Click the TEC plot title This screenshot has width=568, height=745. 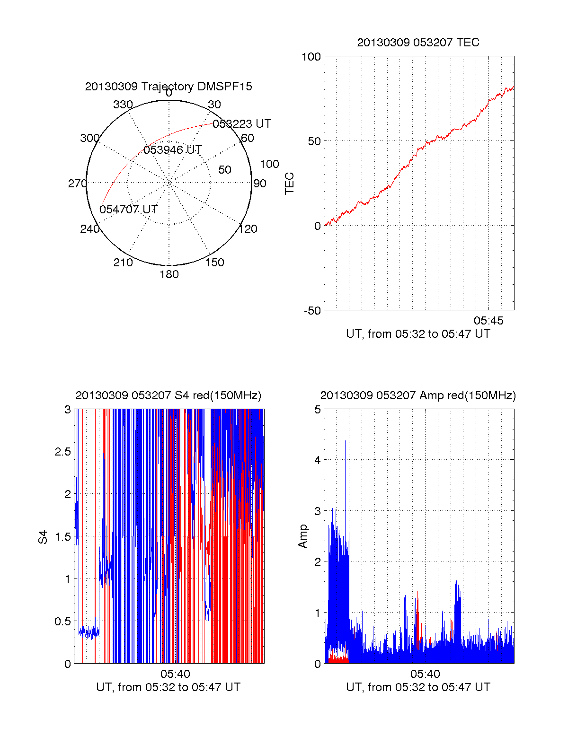coord(418,43)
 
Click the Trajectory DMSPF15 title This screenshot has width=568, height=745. coord(169,87)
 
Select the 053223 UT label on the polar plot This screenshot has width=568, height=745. coord(242,124)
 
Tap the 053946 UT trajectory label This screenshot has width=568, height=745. coord(173,150)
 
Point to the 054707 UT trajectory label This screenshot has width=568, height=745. coord(129,210)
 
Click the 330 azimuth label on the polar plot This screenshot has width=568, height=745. coord(123,105)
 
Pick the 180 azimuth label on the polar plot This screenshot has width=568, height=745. coord(169,274)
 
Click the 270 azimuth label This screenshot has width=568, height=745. coord(77,184)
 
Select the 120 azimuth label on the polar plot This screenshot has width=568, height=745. coord(248,229)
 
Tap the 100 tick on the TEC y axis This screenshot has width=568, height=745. coord(311,57)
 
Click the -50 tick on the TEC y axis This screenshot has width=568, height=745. coord(312,311)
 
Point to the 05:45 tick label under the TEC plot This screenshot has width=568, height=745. coord(488,321)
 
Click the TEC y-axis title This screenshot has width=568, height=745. coord(290,184)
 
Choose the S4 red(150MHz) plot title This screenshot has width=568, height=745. coord(169,395)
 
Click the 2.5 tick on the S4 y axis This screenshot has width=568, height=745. coord(63,452)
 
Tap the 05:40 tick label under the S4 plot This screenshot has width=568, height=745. coord(175,674)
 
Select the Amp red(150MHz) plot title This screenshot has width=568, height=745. coord(418,395)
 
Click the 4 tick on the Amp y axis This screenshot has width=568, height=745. coord(318,460)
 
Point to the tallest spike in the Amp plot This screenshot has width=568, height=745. coord(345,442)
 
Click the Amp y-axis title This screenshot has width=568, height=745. coord(303,536)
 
